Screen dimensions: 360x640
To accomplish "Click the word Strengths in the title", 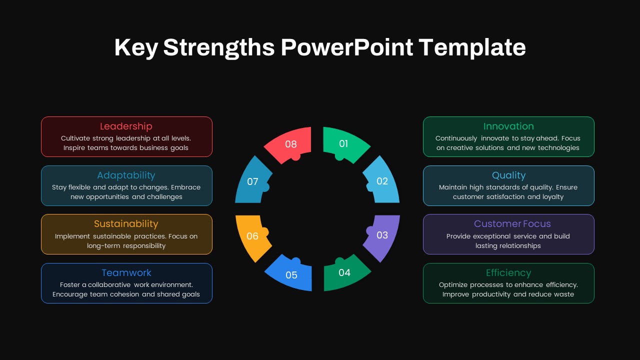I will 219,47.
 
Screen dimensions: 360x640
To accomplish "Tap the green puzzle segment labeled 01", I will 345,143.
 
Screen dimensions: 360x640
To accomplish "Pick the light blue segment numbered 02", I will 382,180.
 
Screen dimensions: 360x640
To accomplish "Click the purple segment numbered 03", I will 382,235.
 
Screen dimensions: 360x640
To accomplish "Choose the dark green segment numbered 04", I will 345,272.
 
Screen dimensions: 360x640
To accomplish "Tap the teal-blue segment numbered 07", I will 252,181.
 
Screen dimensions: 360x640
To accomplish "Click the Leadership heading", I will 126,126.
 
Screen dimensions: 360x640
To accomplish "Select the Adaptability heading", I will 126,175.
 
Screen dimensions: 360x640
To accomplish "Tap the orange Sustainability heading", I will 126,224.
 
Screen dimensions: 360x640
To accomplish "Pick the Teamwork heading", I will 126,273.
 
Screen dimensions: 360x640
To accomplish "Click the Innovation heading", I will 508,126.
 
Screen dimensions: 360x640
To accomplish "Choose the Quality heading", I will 508,175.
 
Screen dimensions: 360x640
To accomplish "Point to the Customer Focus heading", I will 512,224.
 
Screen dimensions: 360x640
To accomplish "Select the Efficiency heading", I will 508,273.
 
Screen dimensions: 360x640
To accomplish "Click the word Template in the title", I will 472,47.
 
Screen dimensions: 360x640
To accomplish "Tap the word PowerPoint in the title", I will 347,47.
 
